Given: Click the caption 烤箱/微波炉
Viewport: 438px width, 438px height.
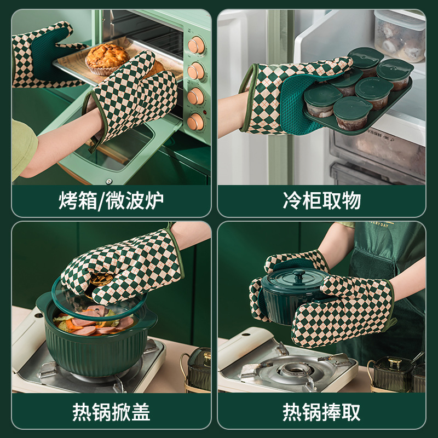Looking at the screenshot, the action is (x=111, y=200).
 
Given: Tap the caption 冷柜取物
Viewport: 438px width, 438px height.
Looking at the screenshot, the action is (x=322, y=200).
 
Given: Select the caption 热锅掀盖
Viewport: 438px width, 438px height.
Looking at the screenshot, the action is (x=112, y=412).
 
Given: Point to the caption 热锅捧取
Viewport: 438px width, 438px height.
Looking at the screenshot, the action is (x=321, y=412).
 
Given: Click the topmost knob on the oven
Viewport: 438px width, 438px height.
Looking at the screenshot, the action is (x=196, y=45).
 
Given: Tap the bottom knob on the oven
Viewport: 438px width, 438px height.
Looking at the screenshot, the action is (x=195, y=122).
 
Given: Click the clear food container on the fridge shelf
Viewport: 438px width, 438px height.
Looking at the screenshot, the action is (x=400, y=36).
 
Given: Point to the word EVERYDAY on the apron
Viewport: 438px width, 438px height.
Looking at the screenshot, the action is (x=379, y=224).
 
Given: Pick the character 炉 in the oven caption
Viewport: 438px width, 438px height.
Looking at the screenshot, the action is (x=154, y=200).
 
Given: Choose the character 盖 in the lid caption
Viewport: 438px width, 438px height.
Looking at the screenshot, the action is (x=141, y=412).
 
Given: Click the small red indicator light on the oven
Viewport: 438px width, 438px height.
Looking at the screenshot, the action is (x=204, y=112).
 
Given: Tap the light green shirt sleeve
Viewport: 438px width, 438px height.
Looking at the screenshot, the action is (x=23, y=148).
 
